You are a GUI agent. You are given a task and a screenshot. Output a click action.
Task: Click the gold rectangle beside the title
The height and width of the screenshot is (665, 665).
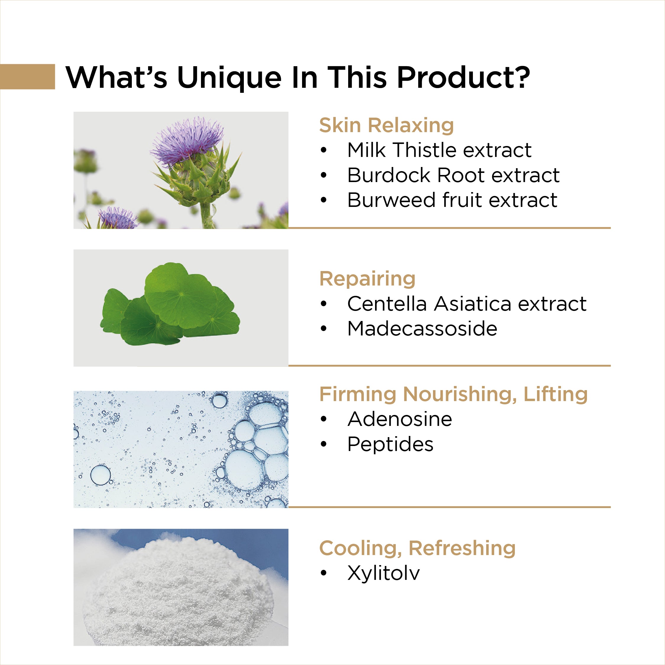click(x=27, y=77)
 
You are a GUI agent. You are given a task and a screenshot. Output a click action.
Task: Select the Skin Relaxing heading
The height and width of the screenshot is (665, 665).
click(x=386, y=125)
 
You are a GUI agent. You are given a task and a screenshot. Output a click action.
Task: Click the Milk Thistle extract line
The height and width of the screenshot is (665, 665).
click(x=439, y=150)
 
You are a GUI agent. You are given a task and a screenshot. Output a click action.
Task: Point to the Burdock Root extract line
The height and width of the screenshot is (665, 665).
click(x=453, y=175)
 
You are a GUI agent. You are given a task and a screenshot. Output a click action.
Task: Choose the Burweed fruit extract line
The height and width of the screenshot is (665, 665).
click(x=452, y=200)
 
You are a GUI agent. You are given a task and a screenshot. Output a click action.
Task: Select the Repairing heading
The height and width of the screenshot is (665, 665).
click(x=367, y=279)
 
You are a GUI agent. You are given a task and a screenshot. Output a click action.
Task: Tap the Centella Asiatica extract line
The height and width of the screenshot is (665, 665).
click(x=467, y=304)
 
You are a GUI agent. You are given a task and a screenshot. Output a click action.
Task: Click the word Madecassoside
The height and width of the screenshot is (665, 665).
click(x=422, y=329)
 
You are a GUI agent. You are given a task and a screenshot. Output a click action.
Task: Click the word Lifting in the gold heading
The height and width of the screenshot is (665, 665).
click(x=555, y=395)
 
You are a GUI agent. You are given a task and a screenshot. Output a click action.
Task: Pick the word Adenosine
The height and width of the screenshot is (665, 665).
click(x=400, y=419)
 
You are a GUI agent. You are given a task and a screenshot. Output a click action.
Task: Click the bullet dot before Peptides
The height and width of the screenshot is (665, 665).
click(x=323, y=444)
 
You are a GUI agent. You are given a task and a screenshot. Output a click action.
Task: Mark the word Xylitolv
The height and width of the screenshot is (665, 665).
click(x=383, y=573)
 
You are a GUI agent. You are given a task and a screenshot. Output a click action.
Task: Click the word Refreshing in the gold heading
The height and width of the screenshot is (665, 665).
click(x=462, y=548)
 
